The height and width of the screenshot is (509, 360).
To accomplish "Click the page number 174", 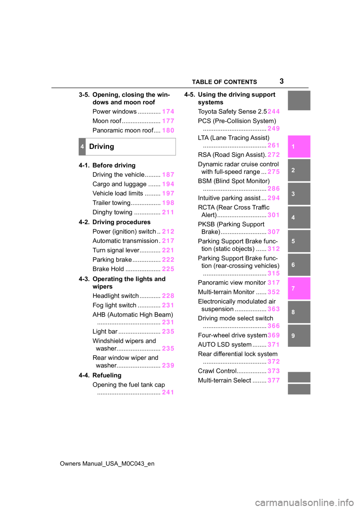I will [x=168, y=111].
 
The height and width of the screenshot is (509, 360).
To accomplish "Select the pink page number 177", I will [x=168, y=121].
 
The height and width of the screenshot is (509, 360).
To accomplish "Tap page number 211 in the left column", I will [x=168, y=212].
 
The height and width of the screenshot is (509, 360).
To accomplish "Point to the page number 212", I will [x=168, y=231].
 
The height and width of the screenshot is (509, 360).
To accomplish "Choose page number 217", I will [x=168, y=241].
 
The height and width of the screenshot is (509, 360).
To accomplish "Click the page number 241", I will [x=168, y=392].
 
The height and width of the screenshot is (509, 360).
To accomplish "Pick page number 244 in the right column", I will [x=273, y=111].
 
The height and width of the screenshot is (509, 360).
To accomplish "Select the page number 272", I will [x=273, y=154].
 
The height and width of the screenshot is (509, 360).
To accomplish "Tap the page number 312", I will [x=273, y=249].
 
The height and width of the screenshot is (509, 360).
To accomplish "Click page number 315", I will [x=273, y=273].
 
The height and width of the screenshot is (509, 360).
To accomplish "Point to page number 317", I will [x=273, y=283].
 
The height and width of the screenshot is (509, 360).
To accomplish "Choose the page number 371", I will [x=273, y=344].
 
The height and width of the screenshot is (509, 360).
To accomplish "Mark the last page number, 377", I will [x=273, y=380].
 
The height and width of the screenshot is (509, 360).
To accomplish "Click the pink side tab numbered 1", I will [x=299, y=147].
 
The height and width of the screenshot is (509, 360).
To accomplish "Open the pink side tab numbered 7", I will [x=299, y=288].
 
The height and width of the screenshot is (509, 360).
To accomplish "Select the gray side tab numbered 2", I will [x=299, y=170].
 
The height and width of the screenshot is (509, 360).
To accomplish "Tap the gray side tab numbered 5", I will [x=299, y=241].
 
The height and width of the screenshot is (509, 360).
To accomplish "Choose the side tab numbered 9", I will [x=299, y=335].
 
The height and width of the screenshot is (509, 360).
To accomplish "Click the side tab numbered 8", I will [x=299, y=312].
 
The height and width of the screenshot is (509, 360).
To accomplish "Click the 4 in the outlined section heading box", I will [x=82, y=147].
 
